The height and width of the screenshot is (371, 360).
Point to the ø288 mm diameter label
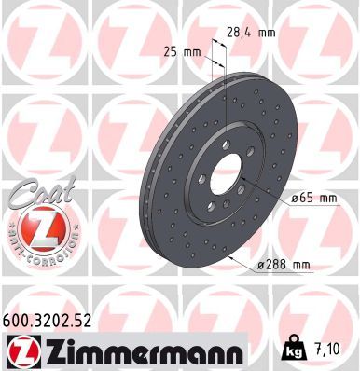coord(284,266)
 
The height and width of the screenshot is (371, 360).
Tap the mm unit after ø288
coord(299,266)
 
